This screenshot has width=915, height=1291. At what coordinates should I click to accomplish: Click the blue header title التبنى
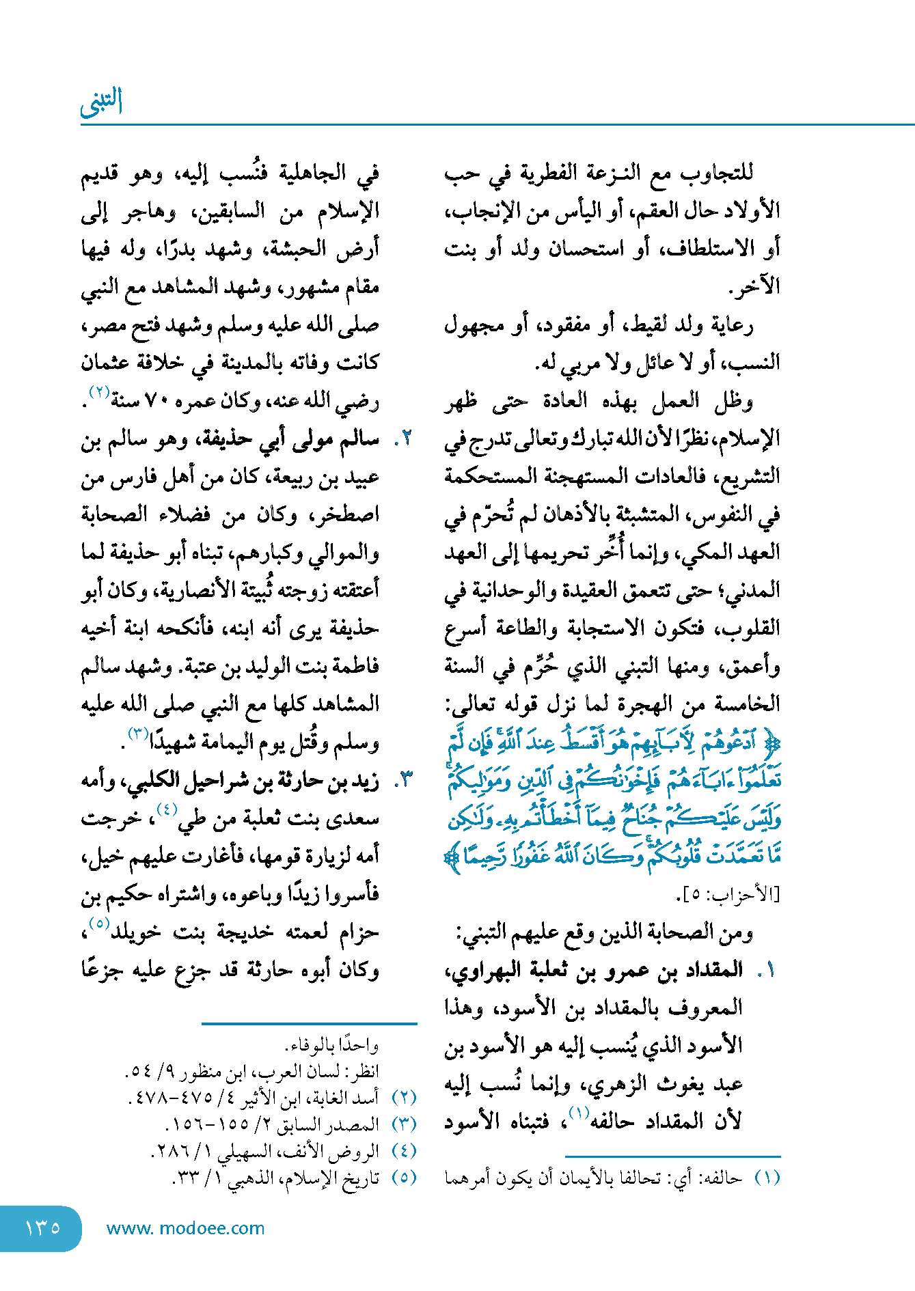[x=101, y=102]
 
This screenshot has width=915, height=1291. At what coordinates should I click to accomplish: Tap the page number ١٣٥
[x=42, y=1227]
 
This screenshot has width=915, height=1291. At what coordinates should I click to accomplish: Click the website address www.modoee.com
[x=185, y=1228]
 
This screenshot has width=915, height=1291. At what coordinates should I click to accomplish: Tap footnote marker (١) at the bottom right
[x=767, y=1178]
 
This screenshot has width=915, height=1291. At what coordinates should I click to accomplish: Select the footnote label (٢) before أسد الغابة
[x=404, y=1098]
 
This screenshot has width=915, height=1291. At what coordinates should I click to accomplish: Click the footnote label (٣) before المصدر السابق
[x=404, y=1124]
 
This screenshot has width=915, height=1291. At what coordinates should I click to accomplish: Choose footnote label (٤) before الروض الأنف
[x=404, y=1151]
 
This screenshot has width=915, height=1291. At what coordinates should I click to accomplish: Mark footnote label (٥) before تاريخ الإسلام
[x=404, y=1178]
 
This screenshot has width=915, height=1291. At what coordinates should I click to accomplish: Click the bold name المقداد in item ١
[x=716, y=970]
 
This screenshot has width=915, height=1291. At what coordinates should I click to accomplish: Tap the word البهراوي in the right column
[x=478, y=970]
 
